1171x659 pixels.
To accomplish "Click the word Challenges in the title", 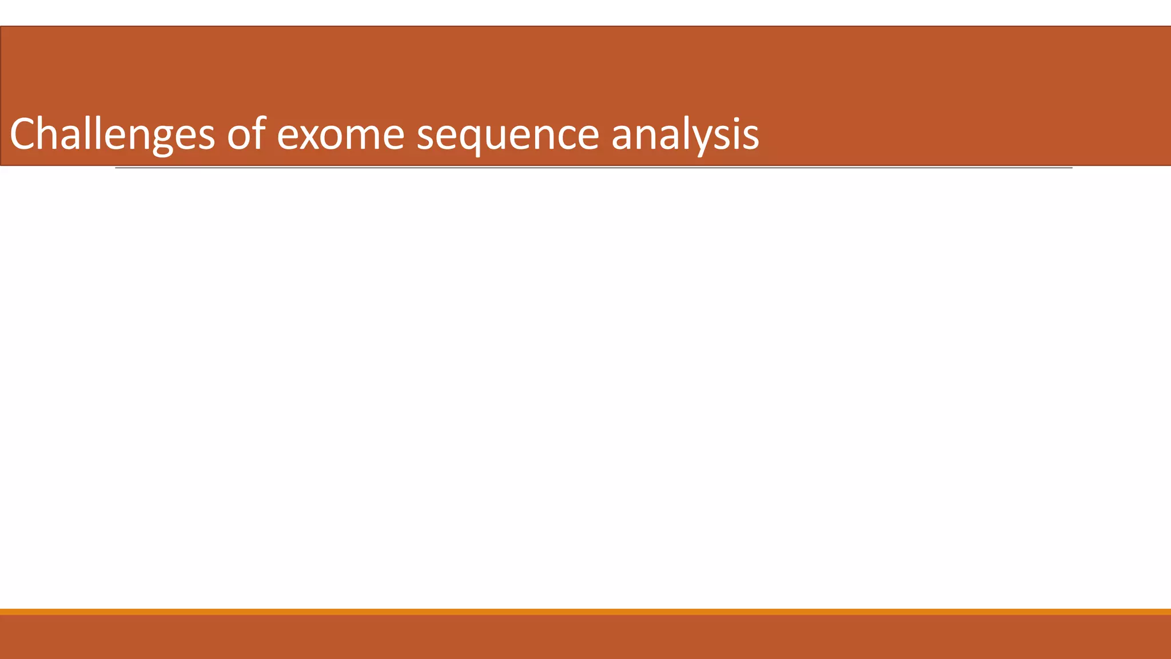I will (112, 134).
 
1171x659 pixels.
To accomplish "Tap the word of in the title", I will (246, 134).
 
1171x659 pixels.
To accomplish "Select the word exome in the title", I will (341, 136).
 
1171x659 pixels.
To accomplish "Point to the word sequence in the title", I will (508, 136).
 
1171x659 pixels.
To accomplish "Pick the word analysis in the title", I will (685, 134).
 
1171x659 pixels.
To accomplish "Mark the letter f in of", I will (260, 133).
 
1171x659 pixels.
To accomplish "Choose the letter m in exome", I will (365, 137).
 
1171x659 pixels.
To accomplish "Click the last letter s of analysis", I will (751, 137).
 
